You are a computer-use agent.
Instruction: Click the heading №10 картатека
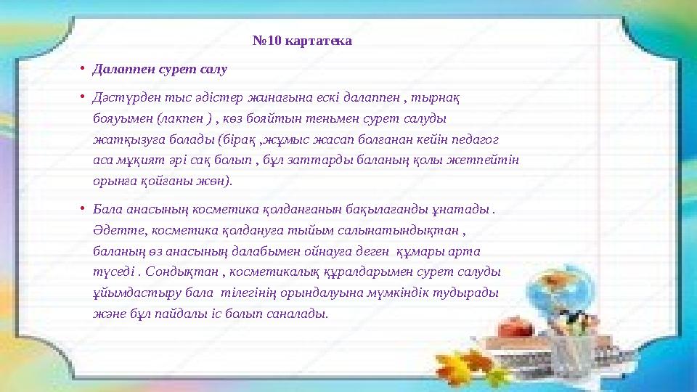pos(302,41)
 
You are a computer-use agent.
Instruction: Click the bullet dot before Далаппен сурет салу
pos(83,69)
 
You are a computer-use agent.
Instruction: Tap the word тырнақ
pos(444,98)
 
